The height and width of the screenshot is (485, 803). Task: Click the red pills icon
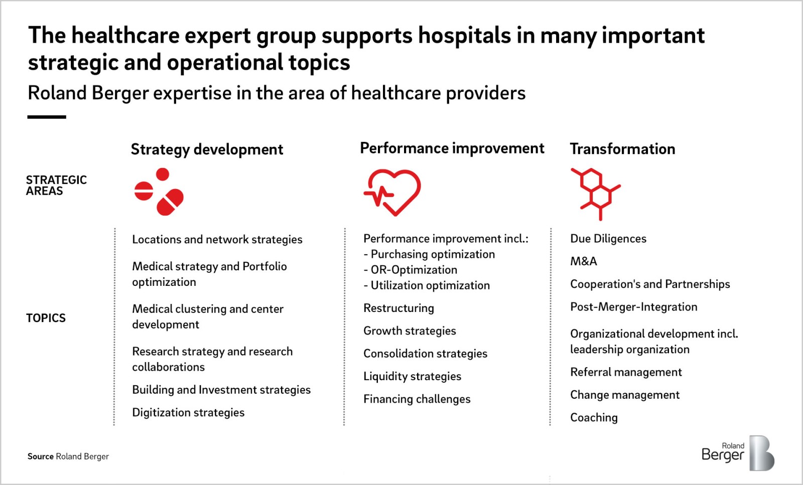[159, 192]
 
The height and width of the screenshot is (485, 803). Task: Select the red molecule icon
[596, 194]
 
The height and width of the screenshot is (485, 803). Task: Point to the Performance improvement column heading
[452, 148]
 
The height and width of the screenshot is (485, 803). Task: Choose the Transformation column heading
[623, 149]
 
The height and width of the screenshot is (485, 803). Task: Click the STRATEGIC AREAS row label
[56, 185]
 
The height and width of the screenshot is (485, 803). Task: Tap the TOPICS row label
[46, 318]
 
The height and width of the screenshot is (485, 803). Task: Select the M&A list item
[584, 261]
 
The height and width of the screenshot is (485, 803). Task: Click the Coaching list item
[594, 418]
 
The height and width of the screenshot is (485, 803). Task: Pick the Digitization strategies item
[188, 413]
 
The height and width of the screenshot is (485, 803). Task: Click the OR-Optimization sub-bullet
[411, 270]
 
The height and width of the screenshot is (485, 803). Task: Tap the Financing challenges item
[417, 399]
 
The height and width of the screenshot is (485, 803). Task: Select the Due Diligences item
[608, 239]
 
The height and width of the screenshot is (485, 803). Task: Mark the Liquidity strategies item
[412, 377]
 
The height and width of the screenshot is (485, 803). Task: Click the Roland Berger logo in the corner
[738, 453]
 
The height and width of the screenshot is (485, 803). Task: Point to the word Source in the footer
[41, 456]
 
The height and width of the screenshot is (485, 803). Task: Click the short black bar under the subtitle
[47, 117]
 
